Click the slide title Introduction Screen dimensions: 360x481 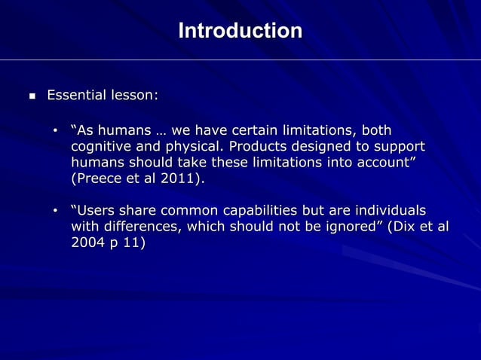pos(240,31)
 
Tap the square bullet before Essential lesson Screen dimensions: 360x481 pos(31,96)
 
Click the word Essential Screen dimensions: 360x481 pos(76,96)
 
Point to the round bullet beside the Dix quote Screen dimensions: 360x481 pos(55,210)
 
